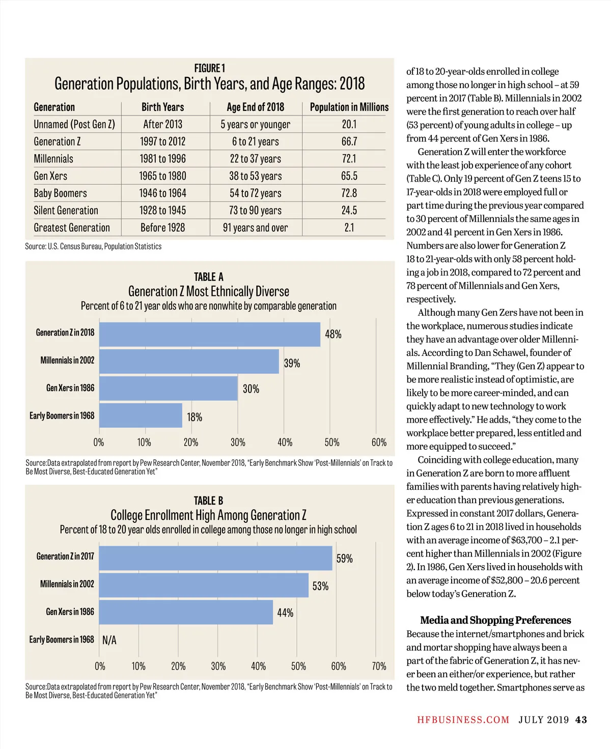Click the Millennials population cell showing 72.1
(349, 159)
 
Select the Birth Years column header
(162, 107)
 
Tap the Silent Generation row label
(66, 210)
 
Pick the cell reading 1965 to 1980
(162, 176)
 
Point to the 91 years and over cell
(255, 228)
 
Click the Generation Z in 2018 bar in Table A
(210, 335)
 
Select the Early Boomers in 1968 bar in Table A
(141, 415)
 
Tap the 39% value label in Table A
(292, 364)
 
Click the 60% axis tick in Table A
(379, 442)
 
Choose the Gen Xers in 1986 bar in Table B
(186, 612)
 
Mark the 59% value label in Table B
(344, 559)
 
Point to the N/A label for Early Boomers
(109, 640)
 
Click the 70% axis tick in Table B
(379, 666)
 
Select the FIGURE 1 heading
(209, 68)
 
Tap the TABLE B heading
(208, 501)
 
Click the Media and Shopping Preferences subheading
(495, 620)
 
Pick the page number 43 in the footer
(581, 720)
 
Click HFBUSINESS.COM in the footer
(463, 720)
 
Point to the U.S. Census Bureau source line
(93, 246)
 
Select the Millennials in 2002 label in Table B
(67, 584)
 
